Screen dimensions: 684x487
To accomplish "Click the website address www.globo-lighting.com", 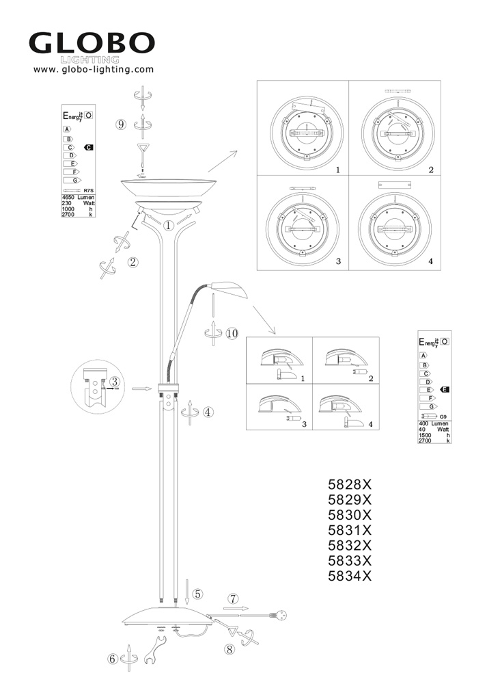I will [x=94, y=69].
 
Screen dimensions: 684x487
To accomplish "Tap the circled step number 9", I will [x=121, y=124].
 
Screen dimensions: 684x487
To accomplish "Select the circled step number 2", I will [x=133, y=261].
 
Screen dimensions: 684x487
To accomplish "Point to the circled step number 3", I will [x=115, y=381].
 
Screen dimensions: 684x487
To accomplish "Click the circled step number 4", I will [x=208, y=412].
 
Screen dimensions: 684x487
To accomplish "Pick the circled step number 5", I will [x=197, y=594].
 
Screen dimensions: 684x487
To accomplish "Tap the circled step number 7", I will [x=233, y=598].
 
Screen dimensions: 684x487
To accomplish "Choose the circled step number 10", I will [x=232, y=334].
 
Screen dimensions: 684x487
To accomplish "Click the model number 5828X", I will [x=349, y=485].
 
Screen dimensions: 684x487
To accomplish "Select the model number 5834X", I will [x=349, y=575].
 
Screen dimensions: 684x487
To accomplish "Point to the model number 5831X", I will [x=349, y=530].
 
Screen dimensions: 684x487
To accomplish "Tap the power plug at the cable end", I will [x=280, y=614].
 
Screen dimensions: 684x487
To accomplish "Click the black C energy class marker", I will [x=88, y=148].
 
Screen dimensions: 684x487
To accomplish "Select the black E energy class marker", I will [x=445, y=389].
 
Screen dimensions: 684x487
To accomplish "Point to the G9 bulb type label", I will [x=443, y=417].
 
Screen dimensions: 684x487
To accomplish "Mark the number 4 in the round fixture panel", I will [x=430, y=261].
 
